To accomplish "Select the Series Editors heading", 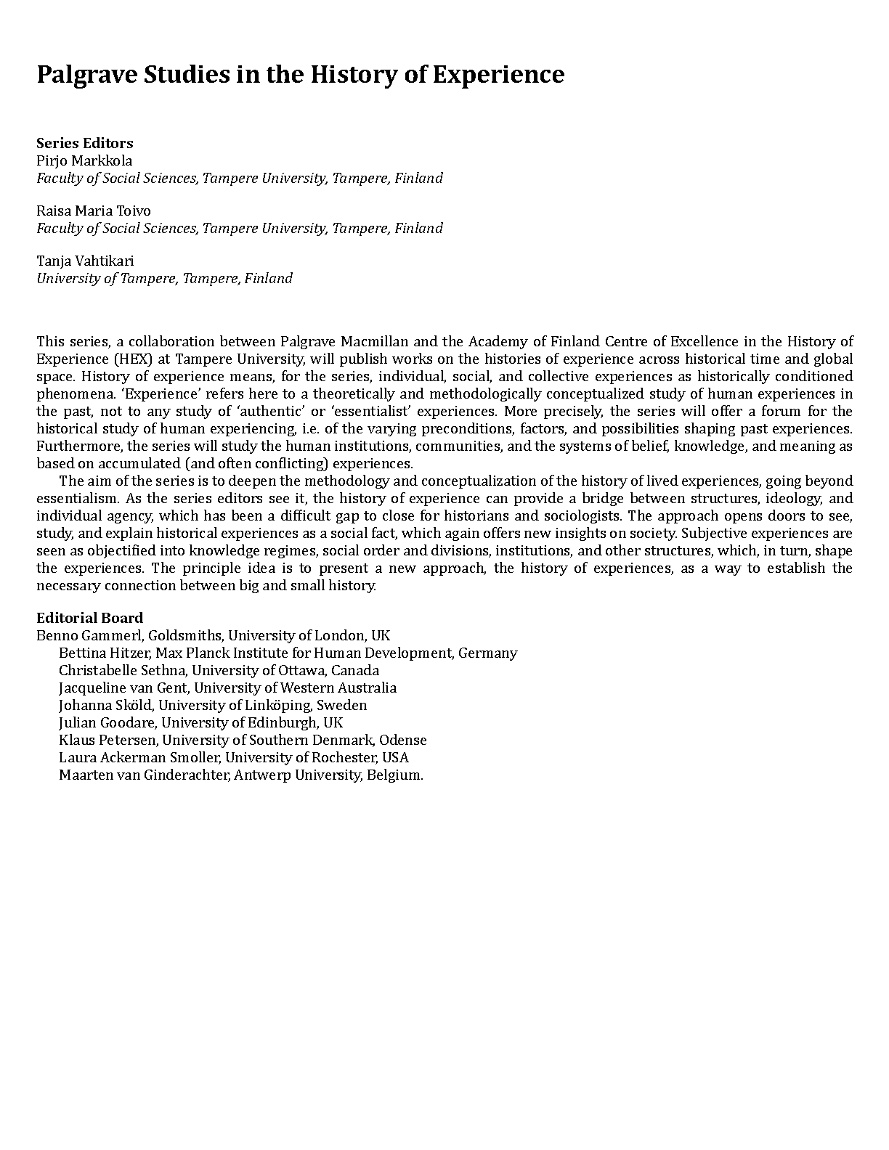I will [x=85, y=143].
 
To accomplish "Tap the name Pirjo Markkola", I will [x=84, y=160].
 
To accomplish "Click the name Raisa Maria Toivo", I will [x=94, y=211].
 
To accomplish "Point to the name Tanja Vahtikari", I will [x=85, y=261].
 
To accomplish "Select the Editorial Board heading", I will [x=90, y=618].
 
